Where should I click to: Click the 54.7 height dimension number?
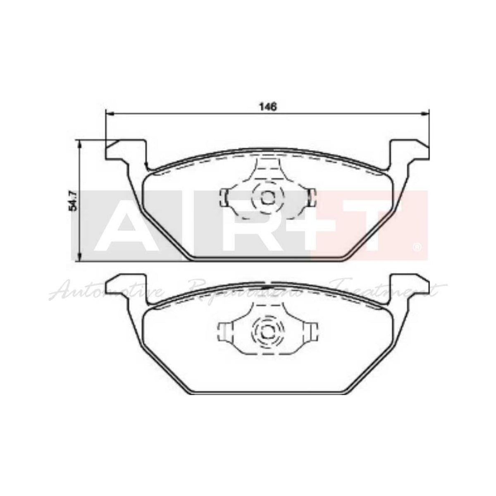point(74,201)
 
